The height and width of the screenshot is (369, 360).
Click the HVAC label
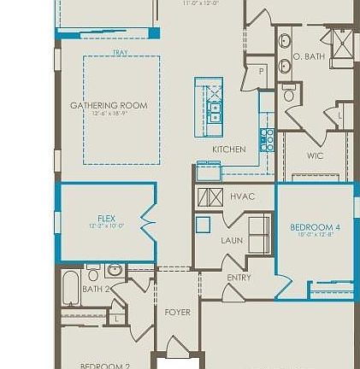tap(242, 196)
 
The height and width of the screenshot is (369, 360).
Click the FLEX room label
tap(106, 219)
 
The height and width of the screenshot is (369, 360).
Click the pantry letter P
tap(263, 73)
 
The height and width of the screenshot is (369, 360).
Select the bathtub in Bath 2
tap(71, 290)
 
